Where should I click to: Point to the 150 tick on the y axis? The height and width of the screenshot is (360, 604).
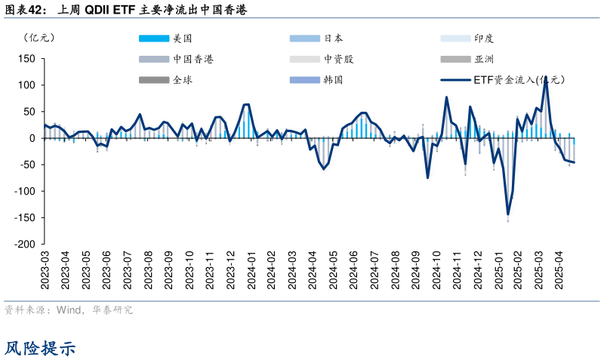tap(26, 59)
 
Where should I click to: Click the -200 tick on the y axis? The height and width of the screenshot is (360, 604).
tap(25, 245)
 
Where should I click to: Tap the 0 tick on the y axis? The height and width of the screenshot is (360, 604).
tap(32, 138)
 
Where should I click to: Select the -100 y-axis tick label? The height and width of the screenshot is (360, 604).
tap(25, 192)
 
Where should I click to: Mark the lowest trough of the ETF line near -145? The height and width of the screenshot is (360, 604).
tap(508, 215)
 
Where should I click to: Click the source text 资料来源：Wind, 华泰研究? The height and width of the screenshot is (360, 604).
tap(69, 310)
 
